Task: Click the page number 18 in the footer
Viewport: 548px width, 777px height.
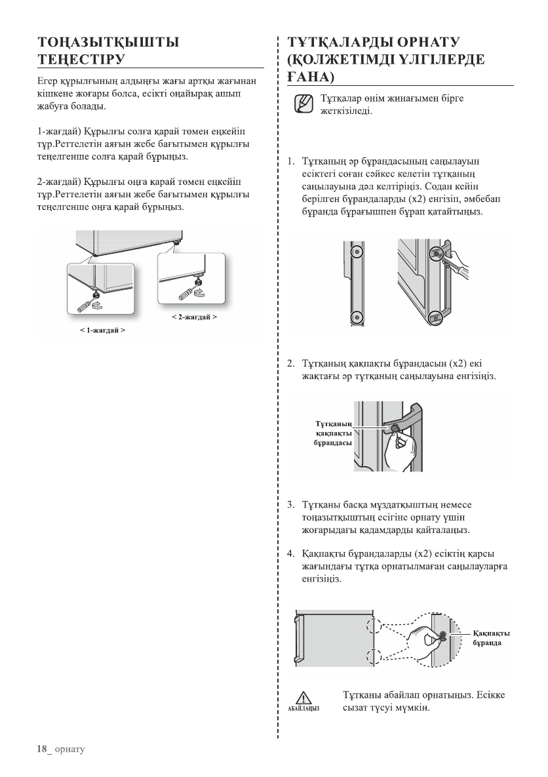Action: point(42,749)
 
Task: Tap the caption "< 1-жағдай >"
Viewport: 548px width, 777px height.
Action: point(103,330)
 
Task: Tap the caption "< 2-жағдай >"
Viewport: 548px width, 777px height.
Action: point(195,317)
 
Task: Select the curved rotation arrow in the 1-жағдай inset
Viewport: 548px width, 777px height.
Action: point(99,306)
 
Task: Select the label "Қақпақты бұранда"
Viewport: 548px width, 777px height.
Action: point(492,638)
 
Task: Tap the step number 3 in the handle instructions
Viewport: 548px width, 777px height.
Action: point(290,506)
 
